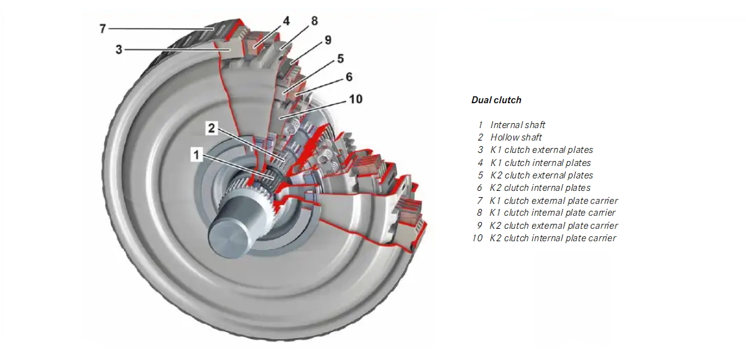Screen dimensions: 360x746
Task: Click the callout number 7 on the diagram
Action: pos(103,29)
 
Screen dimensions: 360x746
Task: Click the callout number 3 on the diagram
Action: pos(119,50)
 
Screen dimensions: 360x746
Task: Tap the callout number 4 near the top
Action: pos(286,21)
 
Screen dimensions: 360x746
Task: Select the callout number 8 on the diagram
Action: pos(314,21)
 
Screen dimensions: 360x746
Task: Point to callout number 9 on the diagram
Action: pos(328,40)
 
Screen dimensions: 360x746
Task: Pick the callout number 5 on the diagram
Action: pos(341,58)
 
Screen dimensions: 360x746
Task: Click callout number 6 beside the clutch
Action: pos(349,77)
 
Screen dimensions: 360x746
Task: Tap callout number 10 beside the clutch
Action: pos(356,99)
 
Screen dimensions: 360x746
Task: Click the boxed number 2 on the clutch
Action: pos(211,129)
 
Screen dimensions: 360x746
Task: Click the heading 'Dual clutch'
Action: pos(496,99)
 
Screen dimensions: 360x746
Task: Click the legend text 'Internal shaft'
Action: pos(517,125)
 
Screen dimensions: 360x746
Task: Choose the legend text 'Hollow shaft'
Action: pos(516,137)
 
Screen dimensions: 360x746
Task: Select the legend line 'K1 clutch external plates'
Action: pos(541,150)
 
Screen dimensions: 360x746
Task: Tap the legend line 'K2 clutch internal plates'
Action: pos(540,188)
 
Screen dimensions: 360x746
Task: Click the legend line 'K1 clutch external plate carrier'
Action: pos(553,200)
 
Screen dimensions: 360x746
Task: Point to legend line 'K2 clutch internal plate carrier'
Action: pos(553,238)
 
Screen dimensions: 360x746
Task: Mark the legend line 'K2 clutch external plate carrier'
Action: pos(553,226)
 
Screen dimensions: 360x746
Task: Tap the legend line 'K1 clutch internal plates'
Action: pos(540,163)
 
